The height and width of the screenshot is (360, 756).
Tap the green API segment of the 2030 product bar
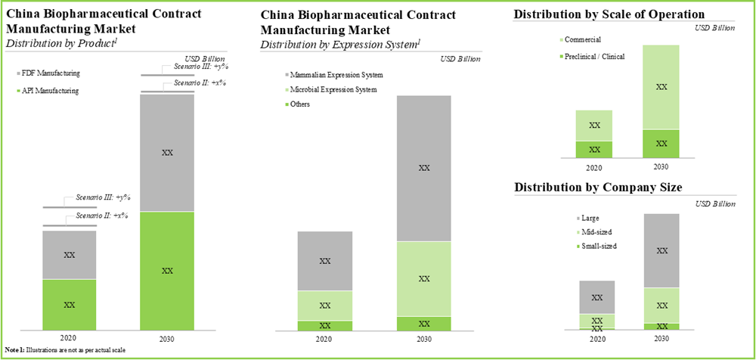(x=167, y=270)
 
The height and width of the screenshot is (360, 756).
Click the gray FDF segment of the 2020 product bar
(x=69, y=255)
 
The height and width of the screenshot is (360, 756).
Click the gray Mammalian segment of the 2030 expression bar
(x=423, y=168)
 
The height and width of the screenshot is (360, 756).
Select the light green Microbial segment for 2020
(x=325, y=306)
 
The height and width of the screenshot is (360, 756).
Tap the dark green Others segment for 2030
(x=423, y=324)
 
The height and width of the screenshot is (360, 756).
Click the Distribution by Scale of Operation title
(x=609, y=14)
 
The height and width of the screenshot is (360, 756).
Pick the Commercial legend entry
(x=581, y=40)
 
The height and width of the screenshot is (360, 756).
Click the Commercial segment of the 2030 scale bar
(x=661, y=87)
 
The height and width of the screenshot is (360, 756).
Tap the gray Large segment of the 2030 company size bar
(x=661, y=250)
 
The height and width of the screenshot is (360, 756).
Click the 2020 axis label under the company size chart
(x=596, y=340)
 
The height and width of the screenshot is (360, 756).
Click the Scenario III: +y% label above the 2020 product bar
(x=103, y=197)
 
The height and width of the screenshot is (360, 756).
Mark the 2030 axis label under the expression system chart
(x=423, y=340)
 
